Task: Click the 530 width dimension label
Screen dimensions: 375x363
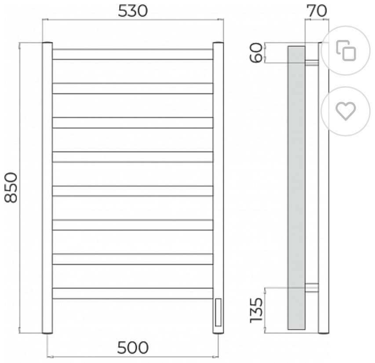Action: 133,11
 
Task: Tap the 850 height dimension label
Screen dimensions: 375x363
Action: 11,188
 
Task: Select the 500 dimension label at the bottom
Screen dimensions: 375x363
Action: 133,348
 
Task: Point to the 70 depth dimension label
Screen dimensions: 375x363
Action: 317,11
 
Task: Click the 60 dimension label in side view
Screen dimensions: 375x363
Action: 256,53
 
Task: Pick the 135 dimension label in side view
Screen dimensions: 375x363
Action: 256,310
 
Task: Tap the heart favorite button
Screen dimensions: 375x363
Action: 346,111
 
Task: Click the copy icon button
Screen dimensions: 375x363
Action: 346,51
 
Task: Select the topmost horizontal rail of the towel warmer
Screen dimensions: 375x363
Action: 133,54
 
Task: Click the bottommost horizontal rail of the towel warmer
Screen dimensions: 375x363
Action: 133,293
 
